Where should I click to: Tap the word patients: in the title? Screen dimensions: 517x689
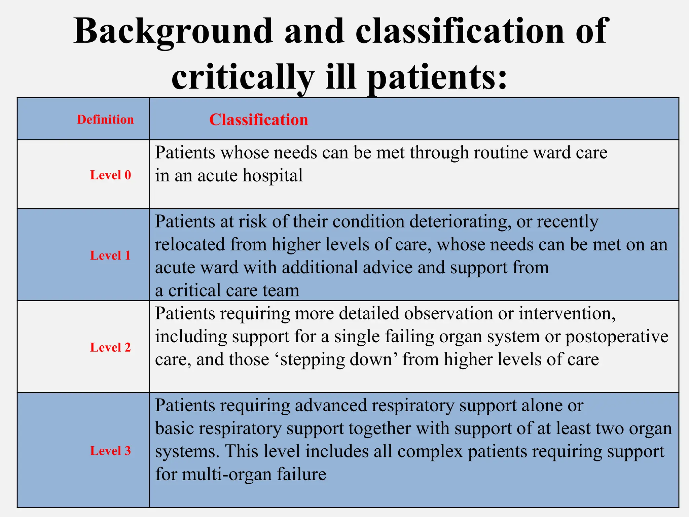436,78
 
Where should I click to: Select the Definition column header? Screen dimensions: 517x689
105,120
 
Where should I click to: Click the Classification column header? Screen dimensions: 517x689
258,120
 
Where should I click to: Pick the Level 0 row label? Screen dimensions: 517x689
110,175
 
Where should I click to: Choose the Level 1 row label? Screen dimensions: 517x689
110,255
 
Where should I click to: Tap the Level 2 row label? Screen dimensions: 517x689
110,347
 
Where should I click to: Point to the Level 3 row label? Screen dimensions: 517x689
110,451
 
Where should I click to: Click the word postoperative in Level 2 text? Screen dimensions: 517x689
616,337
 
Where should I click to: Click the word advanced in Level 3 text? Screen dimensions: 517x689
331,406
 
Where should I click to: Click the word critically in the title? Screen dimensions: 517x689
243,78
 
